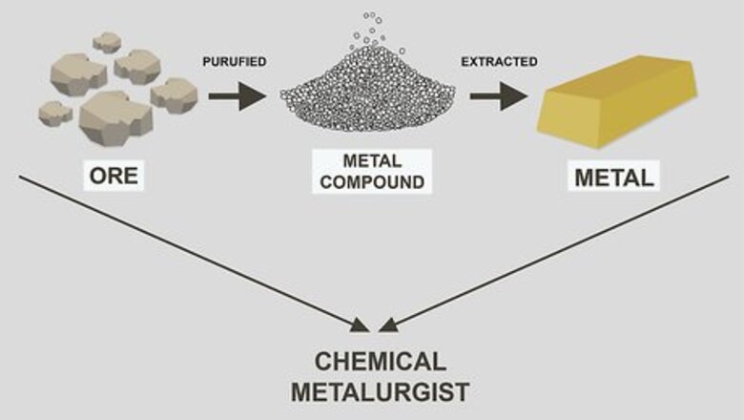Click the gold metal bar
[610, 105]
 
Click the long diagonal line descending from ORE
[191, 252]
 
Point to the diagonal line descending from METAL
[553, 252]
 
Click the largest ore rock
[114, 117]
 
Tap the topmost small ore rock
[107, 42]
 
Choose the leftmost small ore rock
[55, 113]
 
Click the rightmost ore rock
[174, 94]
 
